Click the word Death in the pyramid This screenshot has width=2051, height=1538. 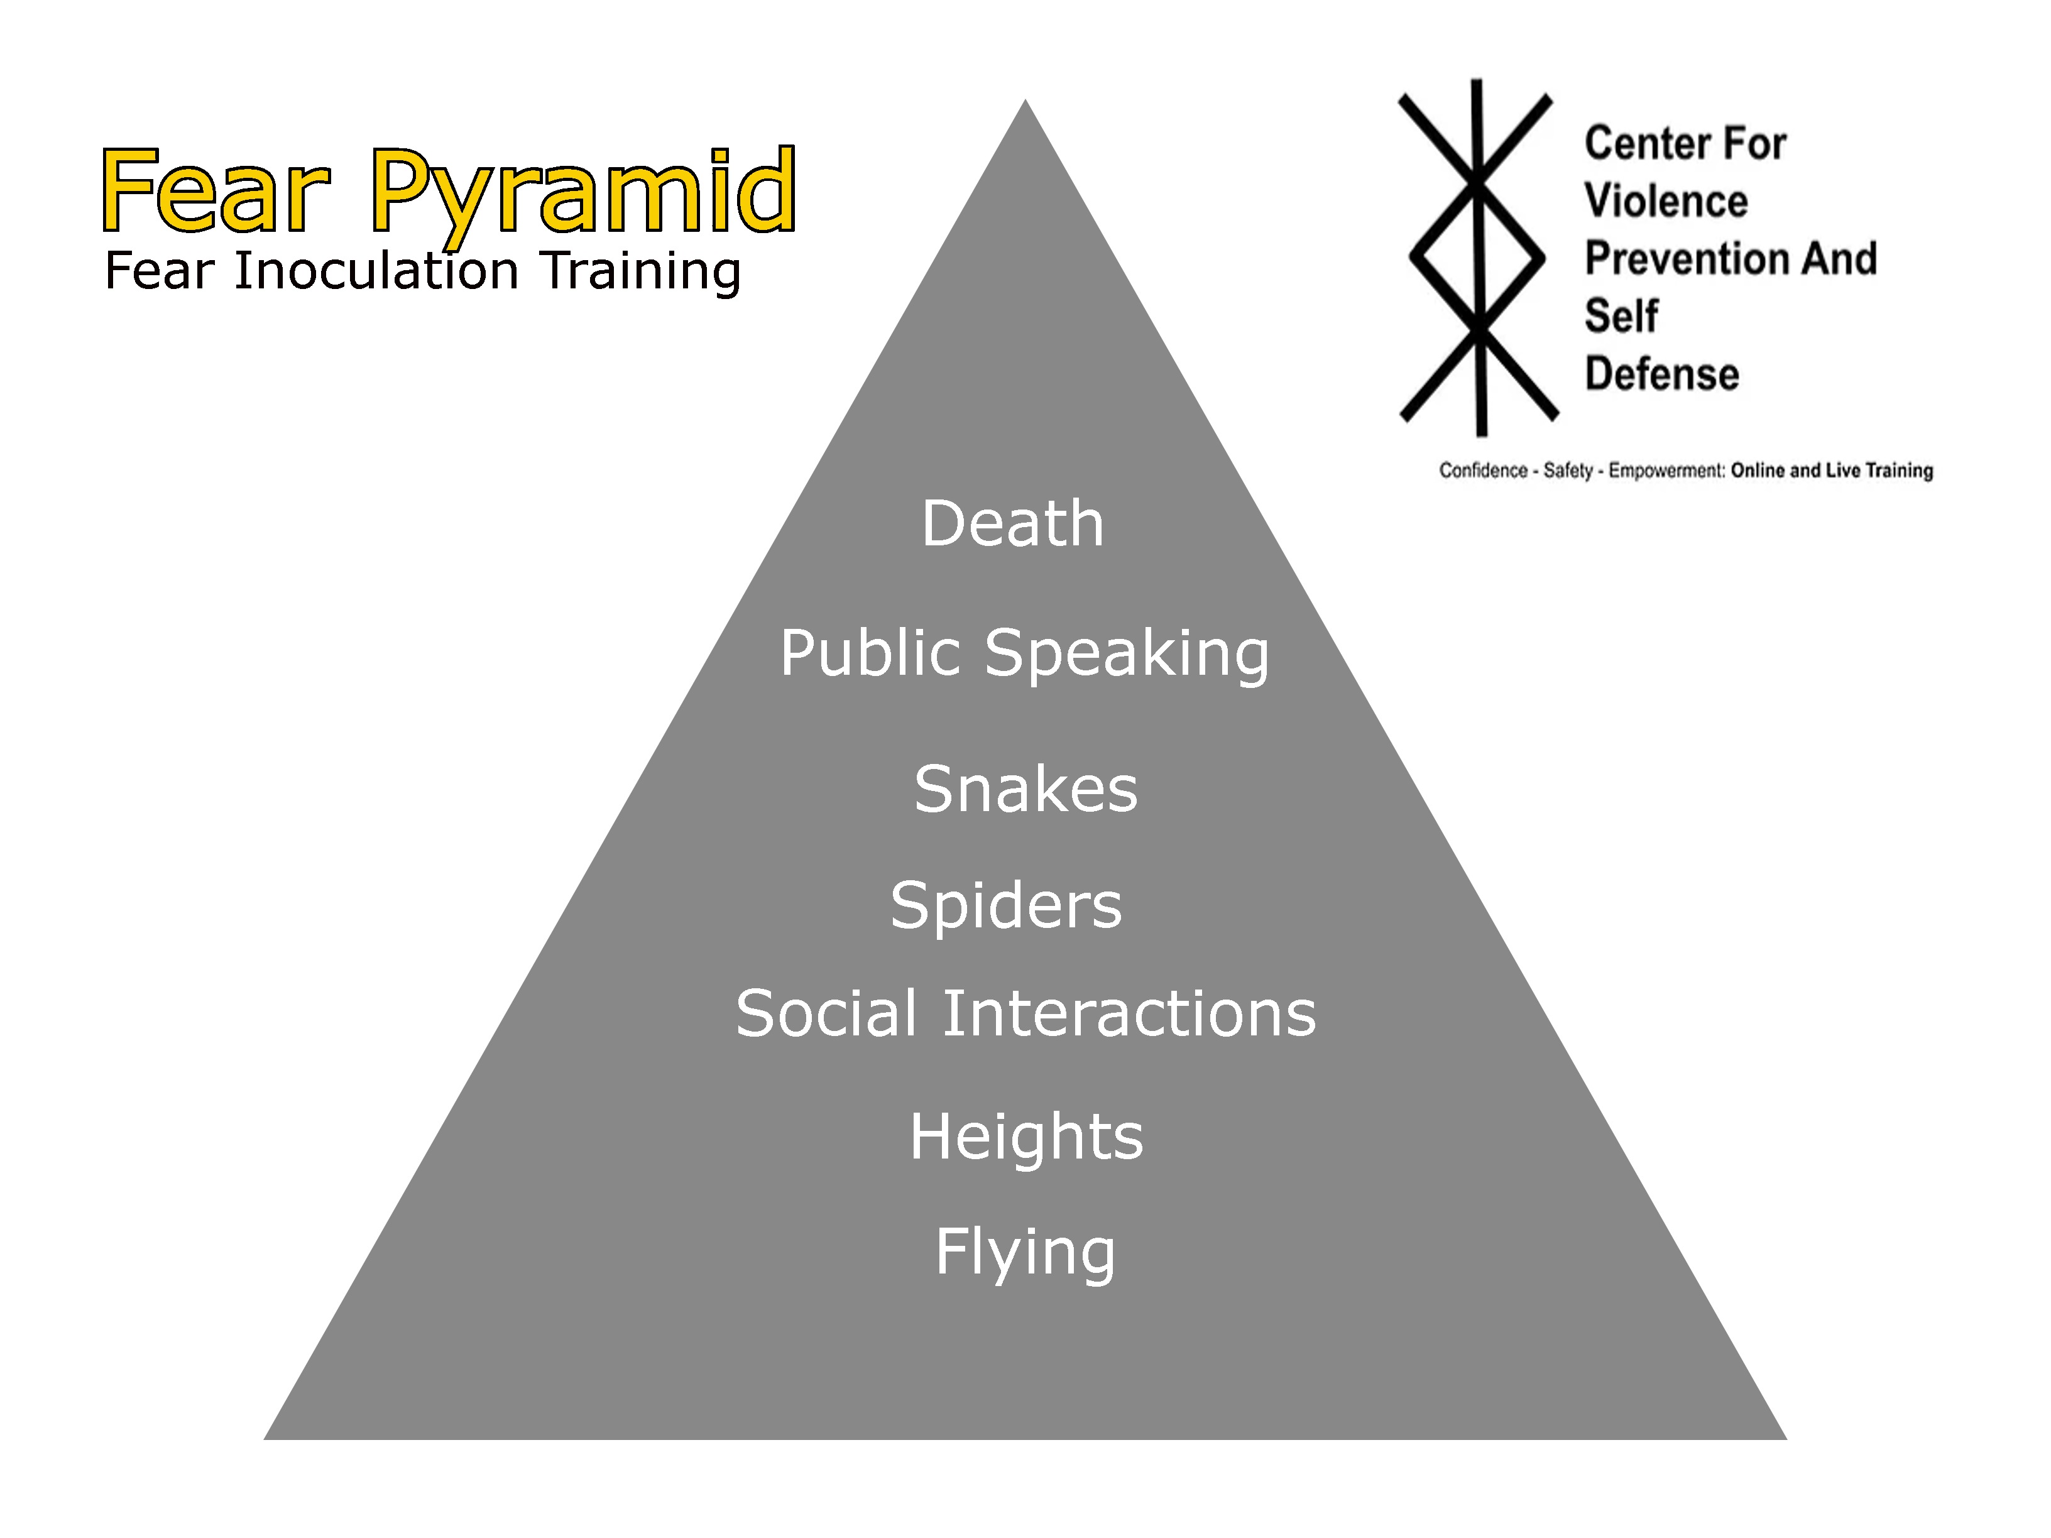tap(1012, 524)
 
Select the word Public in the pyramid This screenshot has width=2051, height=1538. tap(870, 653)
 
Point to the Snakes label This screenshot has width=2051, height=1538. tap(1025, 789)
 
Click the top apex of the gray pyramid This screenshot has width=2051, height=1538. tap(1025, 104)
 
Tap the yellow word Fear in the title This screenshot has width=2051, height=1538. tap(215, 191)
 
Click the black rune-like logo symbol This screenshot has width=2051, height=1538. tap(1478, 257)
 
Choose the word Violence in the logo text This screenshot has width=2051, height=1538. tap(1665, 201)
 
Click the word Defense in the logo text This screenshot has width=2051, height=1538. tap(1661, 374)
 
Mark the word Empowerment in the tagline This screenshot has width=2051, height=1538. tap(1666, 471)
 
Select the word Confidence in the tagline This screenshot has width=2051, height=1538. tap(1482, 471)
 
